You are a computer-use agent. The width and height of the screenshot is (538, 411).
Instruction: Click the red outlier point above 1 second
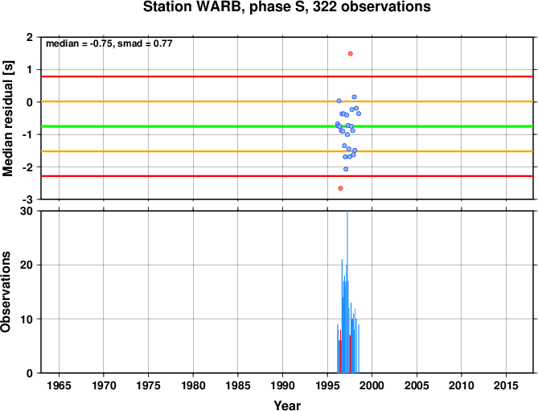click(351, 54)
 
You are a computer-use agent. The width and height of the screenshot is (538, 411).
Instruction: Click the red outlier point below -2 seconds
click(340, 188)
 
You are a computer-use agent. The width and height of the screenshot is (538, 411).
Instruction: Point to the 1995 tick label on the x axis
click(327, 385)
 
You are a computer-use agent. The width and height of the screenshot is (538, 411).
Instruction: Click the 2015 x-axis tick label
click(506, 385)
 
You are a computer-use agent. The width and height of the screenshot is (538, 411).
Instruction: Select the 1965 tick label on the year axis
click(59, 385)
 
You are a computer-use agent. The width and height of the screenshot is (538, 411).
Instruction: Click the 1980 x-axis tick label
click(193, 385)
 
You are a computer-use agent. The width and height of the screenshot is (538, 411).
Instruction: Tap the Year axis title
click(287, 405)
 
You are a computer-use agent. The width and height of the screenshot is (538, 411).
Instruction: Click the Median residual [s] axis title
click(8, 118)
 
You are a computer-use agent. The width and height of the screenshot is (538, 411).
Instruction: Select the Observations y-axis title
click(6, 292)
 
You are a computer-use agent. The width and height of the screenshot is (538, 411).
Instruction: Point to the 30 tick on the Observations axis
click(27, 212)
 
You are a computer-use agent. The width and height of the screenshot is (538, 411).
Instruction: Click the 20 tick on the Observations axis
click(27, 265)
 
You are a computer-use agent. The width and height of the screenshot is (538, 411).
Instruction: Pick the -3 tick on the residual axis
click(29, 199)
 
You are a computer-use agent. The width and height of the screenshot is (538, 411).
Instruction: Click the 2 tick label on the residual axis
click(30, 37)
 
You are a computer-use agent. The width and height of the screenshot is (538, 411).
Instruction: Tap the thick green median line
click(287, 126)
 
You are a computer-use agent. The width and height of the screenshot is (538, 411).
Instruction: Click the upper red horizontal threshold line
click(287, 76)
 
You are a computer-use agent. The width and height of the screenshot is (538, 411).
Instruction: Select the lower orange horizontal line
click(287, 151)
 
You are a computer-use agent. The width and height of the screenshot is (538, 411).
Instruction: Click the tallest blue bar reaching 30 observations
click(347, 292)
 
